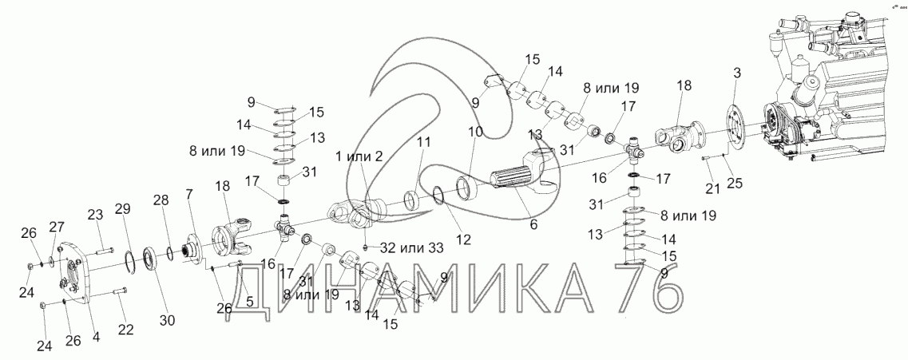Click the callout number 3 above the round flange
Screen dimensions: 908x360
click(737, 73)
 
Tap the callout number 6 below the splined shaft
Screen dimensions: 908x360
click(533, 225)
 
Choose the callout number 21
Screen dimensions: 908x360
click(712, 188)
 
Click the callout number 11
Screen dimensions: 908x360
click(423, 142)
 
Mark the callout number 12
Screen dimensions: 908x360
click(464, 238)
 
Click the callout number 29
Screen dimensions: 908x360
click(121, 209)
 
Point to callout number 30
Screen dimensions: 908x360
click(167, 321)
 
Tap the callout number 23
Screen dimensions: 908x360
click(96, 215)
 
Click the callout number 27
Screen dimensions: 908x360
click(57, 226)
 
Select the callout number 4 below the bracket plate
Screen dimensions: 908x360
click(96, 337)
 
